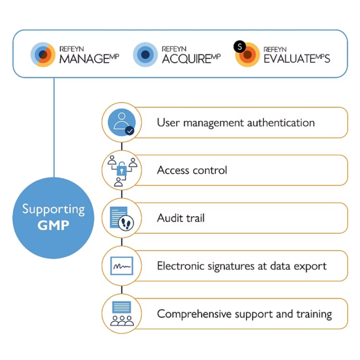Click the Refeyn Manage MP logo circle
point(43,54)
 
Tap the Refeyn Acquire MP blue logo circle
point(145,54)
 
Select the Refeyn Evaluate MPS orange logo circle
point(247,55)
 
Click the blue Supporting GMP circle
point(53,218)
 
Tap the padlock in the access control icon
point(121,170)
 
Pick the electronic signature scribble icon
point(122,266)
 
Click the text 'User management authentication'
point(236,123)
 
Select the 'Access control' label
point(192,171)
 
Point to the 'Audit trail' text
point(181,218)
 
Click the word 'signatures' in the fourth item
point(221,266)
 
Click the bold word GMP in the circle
point(53,225)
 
